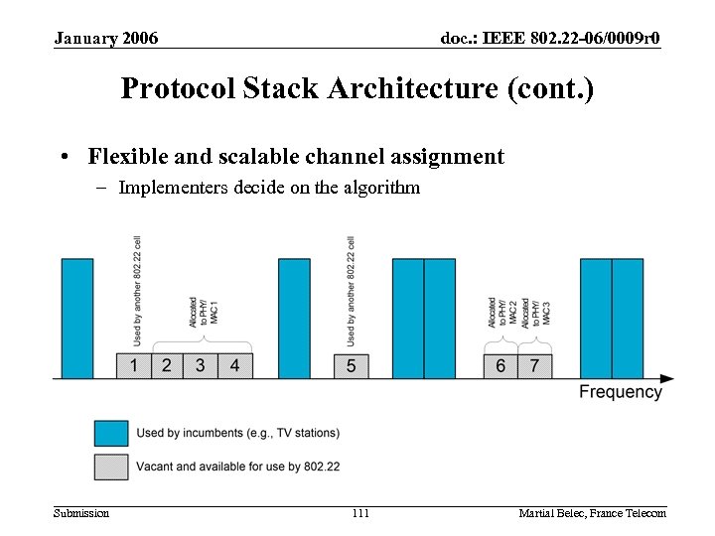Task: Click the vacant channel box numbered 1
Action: point(134,365)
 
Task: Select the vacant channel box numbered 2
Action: point(167,365)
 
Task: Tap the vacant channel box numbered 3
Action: point(201,365)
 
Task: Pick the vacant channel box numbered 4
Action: point(234,365)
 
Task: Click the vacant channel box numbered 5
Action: point(352,365)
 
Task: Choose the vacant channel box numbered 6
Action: point(500,365)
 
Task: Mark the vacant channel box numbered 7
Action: point(534,365)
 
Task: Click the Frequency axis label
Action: point(620,392)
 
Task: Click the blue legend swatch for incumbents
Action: point(111,433)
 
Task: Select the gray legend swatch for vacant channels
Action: point(111,467)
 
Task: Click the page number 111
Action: point(359,513)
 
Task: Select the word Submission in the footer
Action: point(81,513)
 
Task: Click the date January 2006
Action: point(105,39)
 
